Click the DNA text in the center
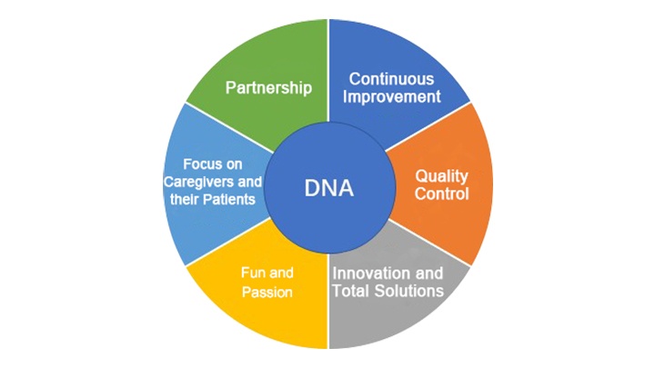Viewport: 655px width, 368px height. [x=329, y=188]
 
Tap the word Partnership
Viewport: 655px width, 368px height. [x=268, y=88]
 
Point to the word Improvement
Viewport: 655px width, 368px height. [x=392, y=97]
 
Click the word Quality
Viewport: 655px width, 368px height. [x=441, y=177]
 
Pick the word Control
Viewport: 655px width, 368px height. [x=441, y=194]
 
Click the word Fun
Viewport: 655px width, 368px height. [x=251, y=273]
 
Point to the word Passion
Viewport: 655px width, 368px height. [x=267, y=292]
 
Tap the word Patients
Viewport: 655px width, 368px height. [x=229, y=199]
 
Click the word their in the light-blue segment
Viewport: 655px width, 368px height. [x=185, y=199]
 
